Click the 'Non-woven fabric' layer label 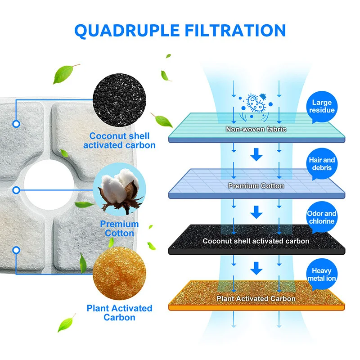256,130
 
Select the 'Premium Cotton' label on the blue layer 256,185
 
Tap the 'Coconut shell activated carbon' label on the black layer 256,241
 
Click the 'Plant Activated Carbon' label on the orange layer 256,298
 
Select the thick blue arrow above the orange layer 256,269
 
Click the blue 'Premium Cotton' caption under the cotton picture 119,229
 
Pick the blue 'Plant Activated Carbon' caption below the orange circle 119,313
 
